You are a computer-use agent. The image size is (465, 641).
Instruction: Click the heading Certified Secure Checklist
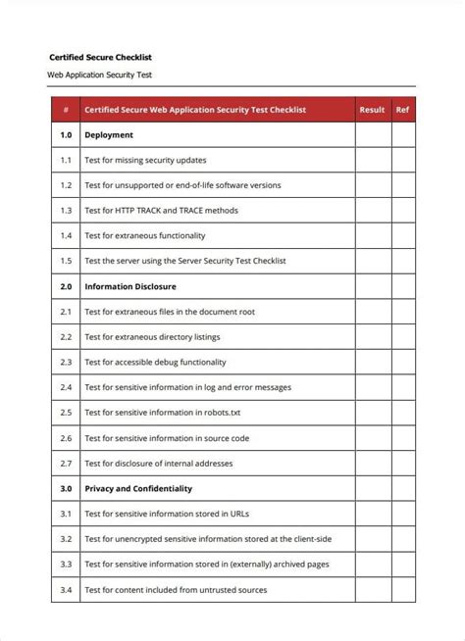pyautogui.click(x=101, y=58)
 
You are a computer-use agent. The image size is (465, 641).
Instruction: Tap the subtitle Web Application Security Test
pyautogui.click(x=100, y=74)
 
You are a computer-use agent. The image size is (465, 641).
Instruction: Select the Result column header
pyautogui.click(x=372, y=110)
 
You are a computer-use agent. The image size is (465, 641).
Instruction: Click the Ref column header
pyautogui.click(x=402, y=110)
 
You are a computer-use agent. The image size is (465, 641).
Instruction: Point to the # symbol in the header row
pyautogui.click(x=66, y=110)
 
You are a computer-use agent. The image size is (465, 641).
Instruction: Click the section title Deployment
pyautogui.click(x=109, y=135)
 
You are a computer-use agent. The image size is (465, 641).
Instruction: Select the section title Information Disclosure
pyautogui.click(x=130, y=287)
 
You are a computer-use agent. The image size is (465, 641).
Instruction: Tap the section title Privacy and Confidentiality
pyautogui.click(x=138, y=488)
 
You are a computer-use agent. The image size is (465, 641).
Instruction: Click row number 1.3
pyautogui.click(x=66, y=211)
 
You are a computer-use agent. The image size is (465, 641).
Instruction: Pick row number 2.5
pyautogui.click(x=66, y=413)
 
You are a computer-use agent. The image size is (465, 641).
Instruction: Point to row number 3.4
pyautogui.click(x=66, y=590)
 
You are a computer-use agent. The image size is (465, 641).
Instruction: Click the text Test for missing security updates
pyautogui.click(x=145, y=160)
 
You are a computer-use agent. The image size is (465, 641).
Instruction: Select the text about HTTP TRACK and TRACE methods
pyautogui.click(x=161, y=211)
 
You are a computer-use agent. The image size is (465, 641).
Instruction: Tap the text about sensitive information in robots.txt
pyautogui.click(x=162, y=413)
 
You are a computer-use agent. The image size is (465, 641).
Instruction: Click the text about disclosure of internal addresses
pyautogui.click(x=158, y=463)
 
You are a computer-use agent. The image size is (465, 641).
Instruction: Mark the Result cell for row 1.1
pyautogui.click(x=372, y=160)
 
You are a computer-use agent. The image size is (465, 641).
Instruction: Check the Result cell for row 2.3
pyautogui.click(x=372, y=362)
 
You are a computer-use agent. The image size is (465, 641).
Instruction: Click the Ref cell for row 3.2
pyautogui.click(x=402, y=539)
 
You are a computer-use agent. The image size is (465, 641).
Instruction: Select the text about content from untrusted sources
pyautogui.click(x=176, y=590)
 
